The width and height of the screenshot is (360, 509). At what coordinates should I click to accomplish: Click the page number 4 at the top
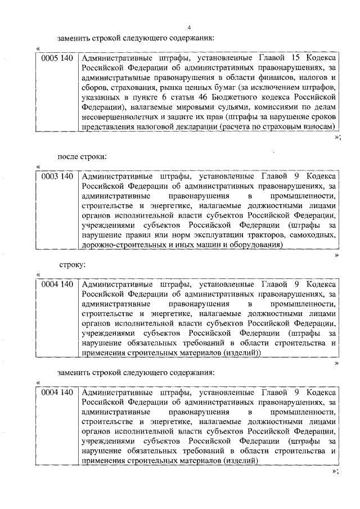point(189,28)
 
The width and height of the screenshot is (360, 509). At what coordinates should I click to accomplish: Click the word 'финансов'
point(277,77)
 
